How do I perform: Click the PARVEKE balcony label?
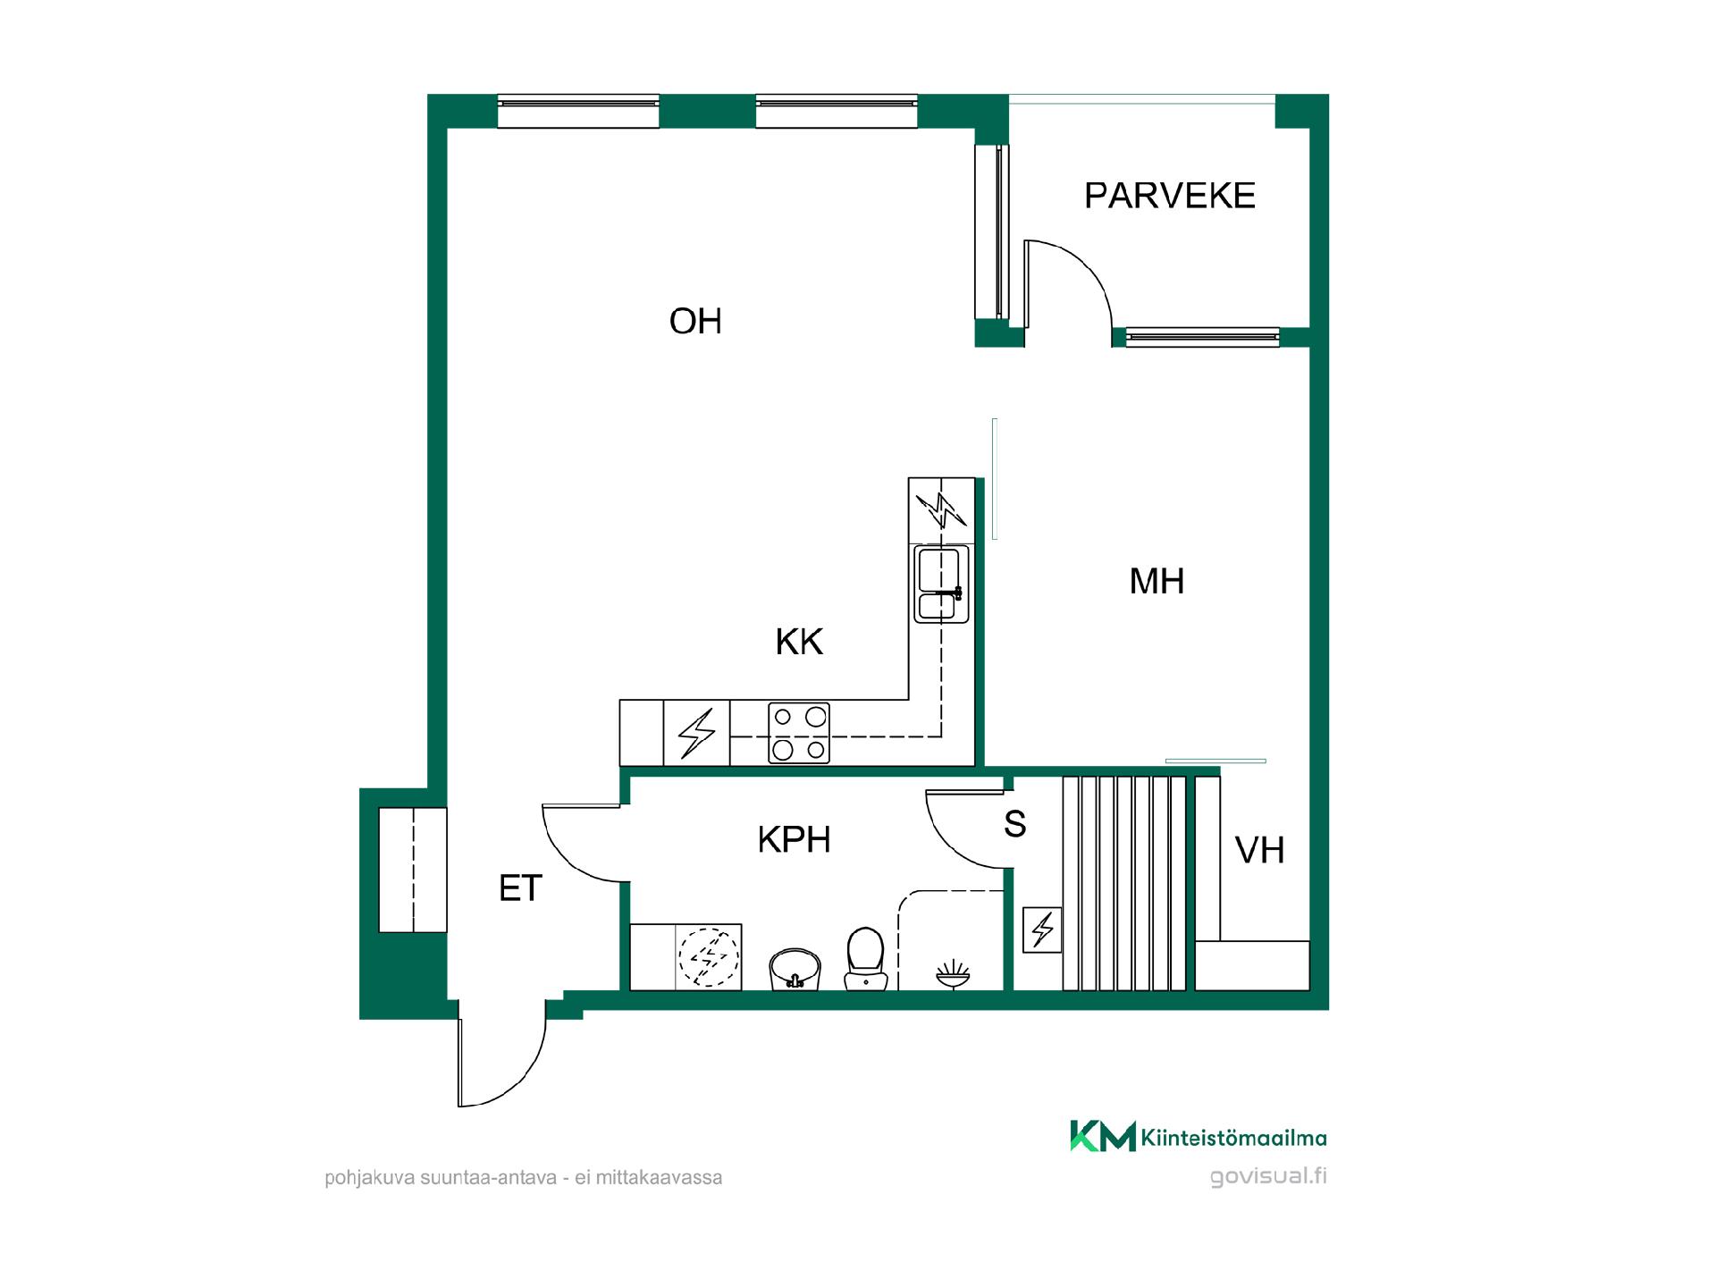pos(1169,196)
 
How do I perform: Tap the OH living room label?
pos(695,322)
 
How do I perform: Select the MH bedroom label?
pos(1157,582)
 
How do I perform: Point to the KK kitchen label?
pos(799,642)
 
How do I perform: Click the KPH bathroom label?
pos(794,840)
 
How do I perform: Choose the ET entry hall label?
pos(520,888)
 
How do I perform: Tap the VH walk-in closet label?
pos(1259,850)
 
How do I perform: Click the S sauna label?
pos(1014,824)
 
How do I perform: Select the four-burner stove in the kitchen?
pos(799,733)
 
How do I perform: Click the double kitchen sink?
pos(941,585)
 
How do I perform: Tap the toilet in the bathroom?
pos(865,959)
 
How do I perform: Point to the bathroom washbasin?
pos(795,970)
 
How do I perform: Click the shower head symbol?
pos(954,974)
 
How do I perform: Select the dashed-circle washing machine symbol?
pos(709,957)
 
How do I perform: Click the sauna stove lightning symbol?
pos(1042,929)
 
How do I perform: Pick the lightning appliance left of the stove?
pos(696,733)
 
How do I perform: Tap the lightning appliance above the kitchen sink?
pos(941,510)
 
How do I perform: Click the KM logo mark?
pos(1103,1136)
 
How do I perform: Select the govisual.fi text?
pos(1268,1176)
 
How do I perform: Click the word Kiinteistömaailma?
pos(1234,1138)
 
